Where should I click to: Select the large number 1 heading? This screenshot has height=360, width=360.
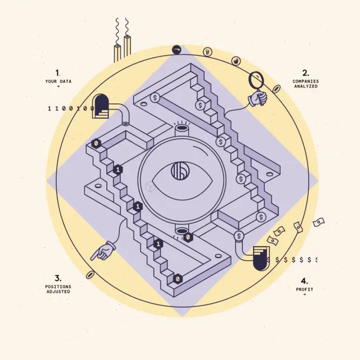tap(58, 73)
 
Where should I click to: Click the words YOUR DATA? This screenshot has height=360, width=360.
tap(58, 81)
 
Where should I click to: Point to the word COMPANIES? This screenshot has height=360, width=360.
tap(305, 81)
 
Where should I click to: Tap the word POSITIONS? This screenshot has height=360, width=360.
tap(58, 287)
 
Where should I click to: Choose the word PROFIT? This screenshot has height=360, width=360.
tap(304, 289)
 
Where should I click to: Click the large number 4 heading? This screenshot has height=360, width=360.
tap(304, 281)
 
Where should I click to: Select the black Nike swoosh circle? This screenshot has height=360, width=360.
tap(176, 50)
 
